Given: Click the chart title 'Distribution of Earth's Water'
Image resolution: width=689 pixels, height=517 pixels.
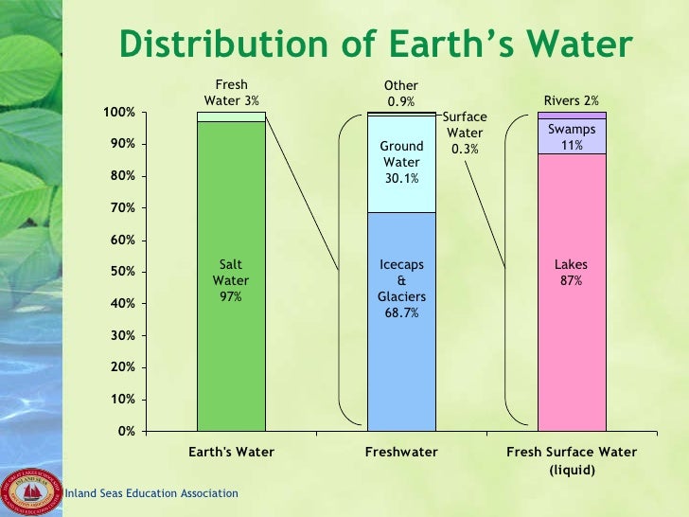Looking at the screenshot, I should pos(375,45).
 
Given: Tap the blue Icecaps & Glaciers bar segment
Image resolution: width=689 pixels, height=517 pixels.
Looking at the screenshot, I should pos(401,360).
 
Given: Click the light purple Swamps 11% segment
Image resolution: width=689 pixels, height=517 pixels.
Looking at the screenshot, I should pos(571,136).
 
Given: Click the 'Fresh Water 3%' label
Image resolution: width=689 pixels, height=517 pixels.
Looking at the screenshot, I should pos(231,93).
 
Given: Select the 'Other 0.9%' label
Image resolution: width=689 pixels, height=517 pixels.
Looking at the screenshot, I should pos(400,93).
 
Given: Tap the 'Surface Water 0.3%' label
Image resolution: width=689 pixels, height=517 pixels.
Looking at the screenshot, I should pos(465,134).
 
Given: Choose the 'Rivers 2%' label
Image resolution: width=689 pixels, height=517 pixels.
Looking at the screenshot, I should pos(571,101).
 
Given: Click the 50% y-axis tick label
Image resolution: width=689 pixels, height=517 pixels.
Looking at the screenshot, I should pos(123,272).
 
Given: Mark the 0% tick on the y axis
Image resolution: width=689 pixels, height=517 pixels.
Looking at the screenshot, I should pos(126,431).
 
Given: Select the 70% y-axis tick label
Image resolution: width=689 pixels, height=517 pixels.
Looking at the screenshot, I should pos(123,208).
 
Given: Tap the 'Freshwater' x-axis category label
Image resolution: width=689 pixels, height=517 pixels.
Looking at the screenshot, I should pos(401,453).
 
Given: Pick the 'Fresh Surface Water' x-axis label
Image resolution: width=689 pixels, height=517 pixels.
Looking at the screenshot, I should pos(572,453).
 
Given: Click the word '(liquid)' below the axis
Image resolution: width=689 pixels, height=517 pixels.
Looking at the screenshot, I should pos(572,469).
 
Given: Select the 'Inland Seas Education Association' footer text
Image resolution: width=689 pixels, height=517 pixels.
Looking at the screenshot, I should pos(150,494).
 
